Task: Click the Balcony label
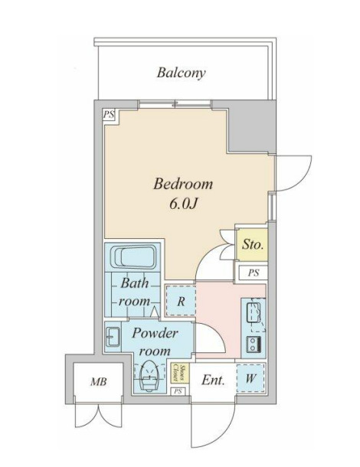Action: pos(182,73)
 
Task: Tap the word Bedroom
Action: pos(183,184)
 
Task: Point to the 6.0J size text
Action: pos(183,204)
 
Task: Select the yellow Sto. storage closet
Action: pos(252,245)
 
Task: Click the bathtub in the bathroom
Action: pos(134,256)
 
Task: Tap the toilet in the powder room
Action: pos(149,376)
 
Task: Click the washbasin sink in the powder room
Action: pos(113,337)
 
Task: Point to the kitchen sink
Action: pos(254,312)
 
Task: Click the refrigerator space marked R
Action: pos(181,301)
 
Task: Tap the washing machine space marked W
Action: pos(250,378)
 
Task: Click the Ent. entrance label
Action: pos(213,380)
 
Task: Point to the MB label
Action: pos(99,381)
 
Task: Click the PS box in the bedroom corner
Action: pos(109,115)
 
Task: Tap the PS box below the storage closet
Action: pos(254,273)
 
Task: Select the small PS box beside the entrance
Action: pos(178,391)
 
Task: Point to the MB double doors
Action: pos(99,416)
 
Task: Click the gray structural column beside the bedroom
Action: pos(251,127)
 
